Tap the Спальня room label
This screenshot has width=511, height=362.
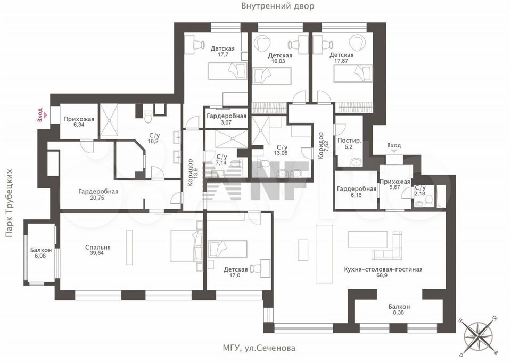tap(97, 248)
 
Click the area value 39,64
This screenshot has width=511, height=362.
tap(97, 254)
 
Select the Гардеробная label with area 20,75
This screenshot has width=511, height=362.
tap(97, 192)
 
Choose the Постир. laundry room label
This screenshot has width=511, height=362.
tap(350, 141)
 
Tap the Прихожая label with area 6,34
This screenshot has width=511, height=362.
tap(78, 119)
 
